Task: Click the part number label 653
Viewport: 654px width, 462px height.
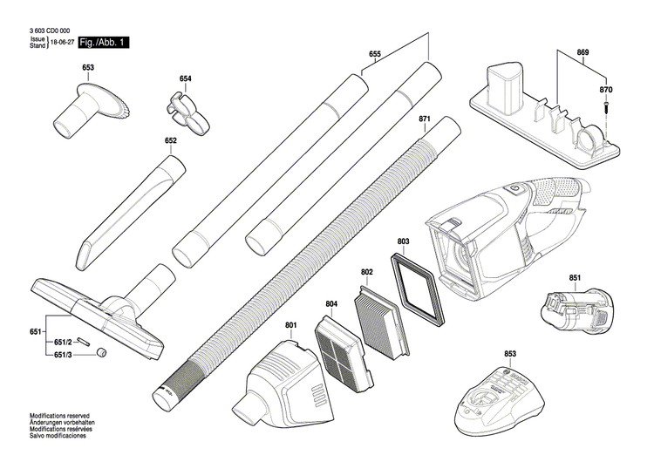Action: pyautogui.click(x=88, y=67)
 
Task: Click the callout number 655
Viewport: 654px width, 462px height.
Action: pyautogui.click(x=374, y=54)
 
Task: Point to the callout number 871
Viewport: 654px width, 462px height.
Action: pyautogui.click(x=425, y=119)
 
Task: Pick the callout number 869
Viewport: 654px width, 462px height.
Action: pyautogui.click(x=582, y=54)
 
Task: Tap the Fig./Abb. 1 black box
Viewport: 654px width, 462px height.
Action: pyautogui.click(x=103, y=43)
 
